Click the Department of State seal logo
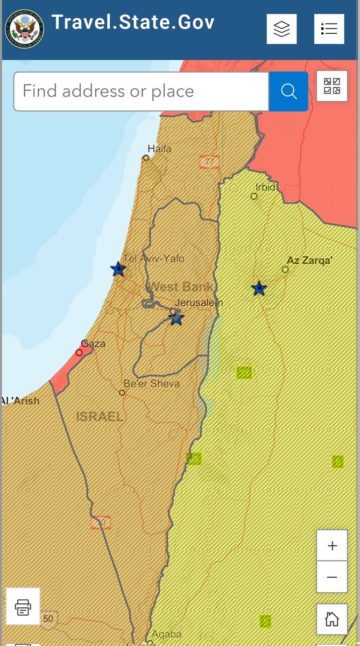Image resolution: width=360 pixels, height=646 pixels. point(24,29)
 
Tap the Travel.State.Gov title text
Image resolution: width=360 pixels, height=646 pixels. point(133,23)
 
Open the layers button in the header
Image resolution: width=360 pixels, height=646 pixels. point(281,29)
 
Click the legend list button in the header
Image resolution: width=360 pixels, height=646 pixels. point(329,29)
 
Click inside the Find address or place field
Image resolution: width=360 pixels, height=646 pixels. point(141,92)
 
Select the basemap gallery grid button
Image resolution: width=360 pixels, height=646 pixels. point(331,86)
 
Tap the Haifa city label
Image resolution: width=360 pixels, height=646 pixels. point(159,149)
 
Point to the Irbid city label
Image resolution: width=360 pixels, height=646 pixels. point(266,187)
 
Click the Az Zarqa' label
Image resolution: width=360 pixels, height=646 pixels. point(309,261)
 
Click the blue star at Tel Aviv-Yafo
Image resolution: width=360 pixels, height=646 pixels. point(118,269)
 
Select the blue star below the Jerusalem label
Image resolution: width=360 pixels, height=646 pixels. point(176,318)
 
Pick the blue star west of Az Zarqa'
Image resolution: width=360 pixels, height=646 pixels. point(259,289)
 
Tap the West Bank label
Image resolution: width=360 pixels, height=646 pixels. point(180,286)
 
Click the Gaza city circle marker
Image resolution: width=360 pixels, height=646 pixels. point(80,353)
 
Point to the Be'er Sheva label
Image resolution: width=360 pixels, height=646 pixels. point(151,384)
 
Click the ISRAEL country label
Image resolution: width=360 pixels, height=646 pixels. point(100,416)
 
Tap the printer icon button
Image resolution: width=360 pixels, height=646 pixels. point(23,607)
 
